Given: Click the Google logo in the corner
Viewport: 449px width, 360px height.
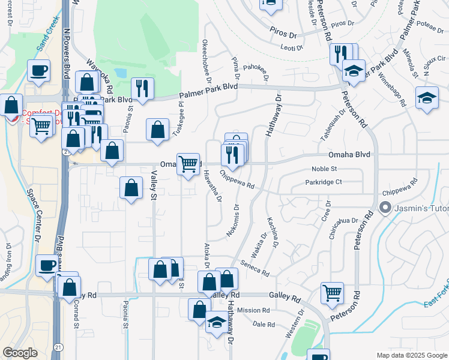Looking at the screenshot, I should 20,353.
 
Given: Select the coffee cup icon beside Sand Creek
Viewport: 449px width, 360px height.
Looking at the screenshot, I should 40,71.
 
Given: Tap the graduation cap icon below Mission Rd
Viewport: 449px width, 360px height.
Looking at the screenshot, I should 217,323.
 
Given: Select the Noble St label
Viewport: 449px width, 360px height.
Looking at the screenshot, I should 325,169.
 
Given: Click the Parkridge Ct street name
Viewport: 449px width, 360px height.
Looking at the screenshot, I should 323,182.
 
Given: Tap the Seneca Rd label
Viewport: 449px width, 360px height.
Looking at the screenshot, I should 256,268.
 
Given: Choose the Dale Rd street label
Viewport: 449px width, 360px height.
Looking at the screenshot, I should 264,324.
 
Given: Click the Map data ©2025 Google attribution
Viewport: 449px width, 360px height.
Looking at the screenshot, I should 411,355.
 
